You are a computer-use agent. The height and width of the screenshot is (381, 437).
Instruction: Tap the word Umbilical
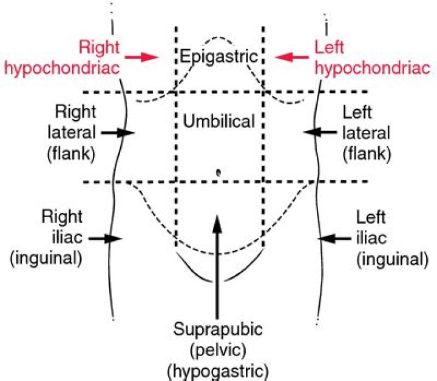(x=218, y=121)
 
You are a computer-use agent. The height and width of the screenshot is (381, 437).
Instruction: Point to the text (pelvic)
(x=218, y=350)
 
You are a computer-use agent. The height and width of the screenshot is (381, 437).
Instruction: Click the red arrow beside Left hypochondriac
(x=290, y=57)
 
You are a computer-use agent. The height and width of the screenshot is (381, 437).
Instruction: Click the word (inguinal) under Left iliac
(x=391, y=258)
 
